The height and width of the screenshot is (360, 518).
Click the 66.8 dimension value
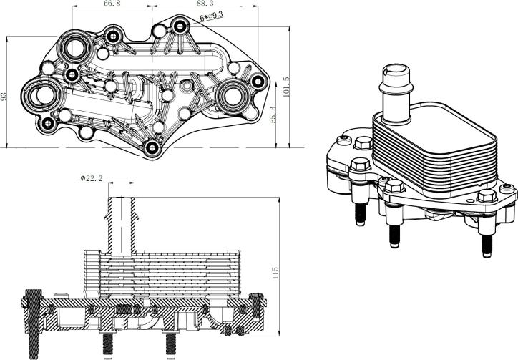click(x=112, y=4)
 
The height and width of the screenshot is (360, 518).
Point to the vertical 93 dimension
click(x=4, y=95)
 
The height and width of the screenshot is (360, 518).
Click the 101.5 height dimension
click(x=286, y=89)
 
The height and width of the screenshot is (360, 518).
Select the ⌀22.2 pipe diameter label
click(x=94, y=177)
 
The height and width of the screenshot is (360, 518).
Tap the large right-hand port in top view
click(x=233, y=93)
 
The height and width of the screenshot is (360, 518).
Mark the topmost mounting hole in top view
click(x=179, y=27)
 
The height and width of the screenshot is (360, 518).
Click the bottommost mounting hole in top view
click(x=152, y=148)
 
